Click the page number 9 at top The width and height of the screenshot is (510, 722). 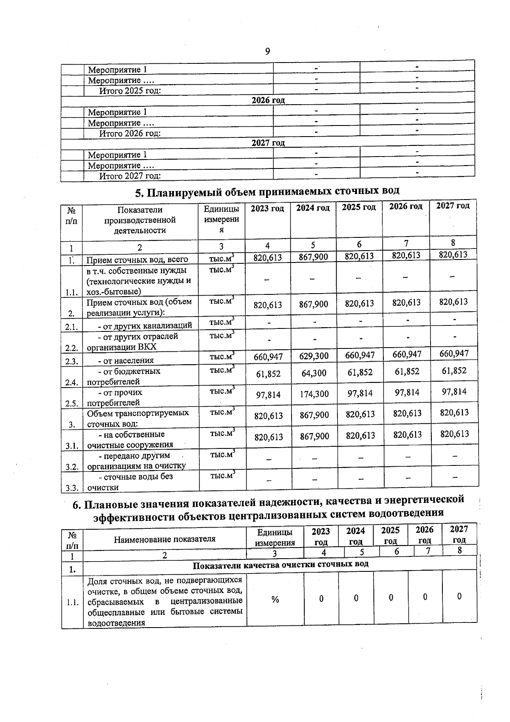point(267,51)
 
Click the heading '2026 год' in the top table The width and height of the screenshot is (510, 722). point(268,100)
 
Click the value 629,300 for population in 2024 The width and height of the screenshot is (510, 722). point(314,356)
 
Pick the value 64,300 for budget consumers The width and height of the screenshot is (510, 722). point(314,374)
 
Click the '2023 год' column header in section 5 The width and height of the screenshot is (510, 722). point(267,209)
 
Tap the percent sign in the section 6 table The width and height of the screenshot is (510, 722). point(275,599)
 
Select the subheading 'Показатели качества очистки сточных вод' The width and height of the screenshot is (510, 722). point(280,564)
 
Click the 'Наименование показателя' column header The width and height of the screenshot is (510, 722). point(164,539)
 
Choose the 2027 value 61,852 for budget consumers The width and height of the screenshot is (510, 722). point(454,371)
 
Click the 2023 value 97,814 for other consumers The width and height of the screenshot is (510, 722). point(268,395)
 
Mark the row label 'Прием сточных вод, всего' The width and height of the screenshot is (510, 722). point(137,260)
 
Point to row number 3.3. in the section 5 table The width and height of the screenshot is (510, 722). point(71,488)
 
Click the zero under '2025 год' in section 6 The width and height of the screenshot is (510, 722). point(391,598)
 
